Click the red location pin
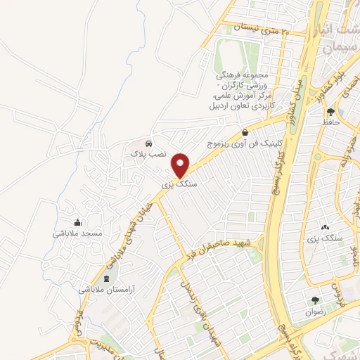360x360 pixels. click(x=181, y=165)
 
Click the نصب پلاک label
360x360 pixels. click(x=148, y=153)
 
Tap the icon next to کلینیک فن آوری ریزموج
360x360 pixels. click(x=244, y=131)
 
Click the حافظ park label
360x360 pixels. click(x=330, y=122)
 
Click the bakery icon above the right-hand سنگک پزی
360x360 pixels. click(x=325, y=228)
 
